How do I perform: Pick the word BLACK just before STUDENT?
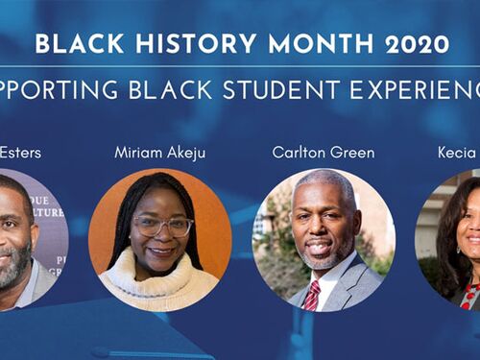(187, 89)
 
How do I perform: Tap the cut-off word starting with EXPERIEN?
(420, 89)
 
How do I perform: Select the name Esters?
(21, 152)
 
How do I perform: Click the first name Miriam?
(138, 152)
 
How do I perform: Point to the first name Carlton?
(299, 152)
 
